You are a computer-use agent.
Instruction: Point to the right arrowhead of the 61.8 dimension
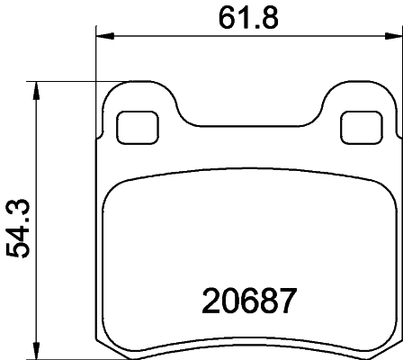(393, 37)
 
